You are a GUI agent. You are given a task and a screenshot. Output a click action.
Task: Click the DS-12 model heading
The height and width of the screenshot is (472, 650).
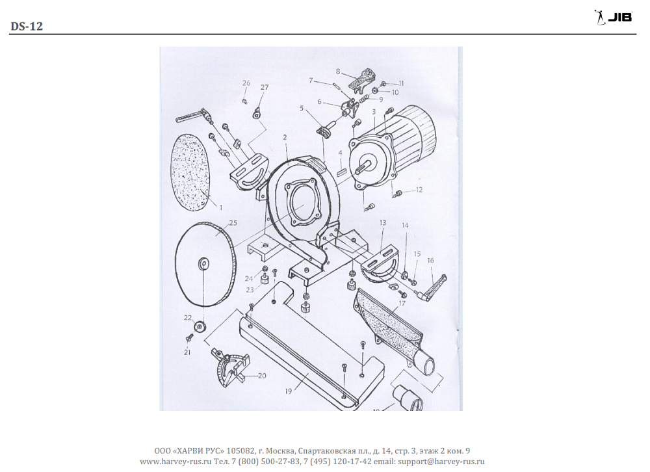[27, 26]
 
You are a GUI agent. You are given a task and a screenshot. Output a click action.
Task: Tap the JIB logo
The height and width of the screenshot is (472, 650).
[613, 17]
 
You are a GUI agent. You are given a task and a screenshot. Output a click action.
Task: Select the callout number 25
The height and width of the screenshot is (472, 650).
[233, 223]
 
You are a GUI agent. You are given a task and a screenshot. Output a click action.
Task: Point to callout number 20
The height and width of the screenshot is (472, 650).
[262, 376]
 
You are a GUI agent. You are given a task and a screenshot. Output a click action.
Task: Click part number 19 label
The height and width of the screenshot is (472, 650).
[289, 391]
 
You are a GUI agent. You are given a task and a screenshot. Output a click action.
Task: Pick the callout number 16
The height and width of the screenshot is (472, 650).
[431, 261]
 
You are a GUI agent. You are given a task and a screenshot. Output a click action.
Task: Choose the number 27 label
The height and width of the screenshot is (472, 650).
[265, 87]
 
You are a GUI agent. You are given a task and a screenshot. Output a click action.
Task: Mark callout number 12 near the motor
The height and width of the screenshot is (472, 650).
[419, 190]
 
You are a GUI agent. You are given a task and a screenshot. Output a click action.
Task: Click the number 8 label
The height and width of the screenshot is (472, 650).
[338, 72]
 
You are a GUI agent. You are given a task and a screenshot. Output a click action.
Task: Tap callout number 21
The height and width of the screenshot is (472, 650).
[187, 352]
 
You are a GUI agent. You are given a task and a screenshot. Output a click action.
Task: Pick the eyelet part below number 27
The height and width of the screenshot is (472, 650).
[257, 112]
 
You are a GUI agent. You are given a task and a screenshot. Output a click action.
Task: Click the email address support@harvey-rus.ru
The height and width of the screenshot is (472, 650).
[441, 461]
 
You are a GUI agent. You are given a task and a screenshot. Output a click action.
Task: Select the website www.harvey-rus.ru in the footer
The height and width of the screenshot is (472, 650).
[175, 461]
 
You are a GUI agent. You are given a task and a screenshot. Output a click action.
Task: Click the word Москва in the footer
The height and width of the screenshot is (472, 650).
[280, 451]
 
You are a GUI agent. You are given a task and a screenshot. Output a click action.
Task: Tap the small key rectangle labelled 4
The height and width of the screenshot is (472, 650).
[342, 171]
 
